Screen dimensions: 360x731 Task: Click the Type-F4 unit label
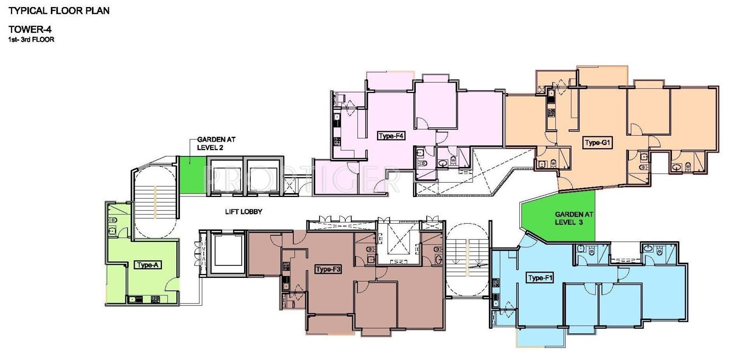tap(391, 136)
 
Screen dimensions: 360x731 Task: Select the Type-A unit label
tap(147, 265)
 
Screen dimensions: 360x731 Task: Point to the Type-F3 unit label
tap(329, 269)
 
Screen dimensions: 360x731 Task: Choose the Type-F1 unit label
tap(541, 278)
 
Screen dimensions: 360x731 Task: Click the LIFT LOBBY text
tap(243, 211)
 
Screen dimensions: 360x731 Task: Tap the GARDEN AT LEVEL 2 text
tap(209, 143)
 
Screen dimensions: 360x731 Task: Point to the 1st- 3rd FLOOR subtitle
tap(31, 40)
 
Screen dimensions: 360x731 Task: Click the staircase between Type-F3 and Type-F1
tap(465, 260)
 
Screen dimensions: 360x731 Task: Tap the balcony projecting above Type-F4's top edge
tap(389, 82)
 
